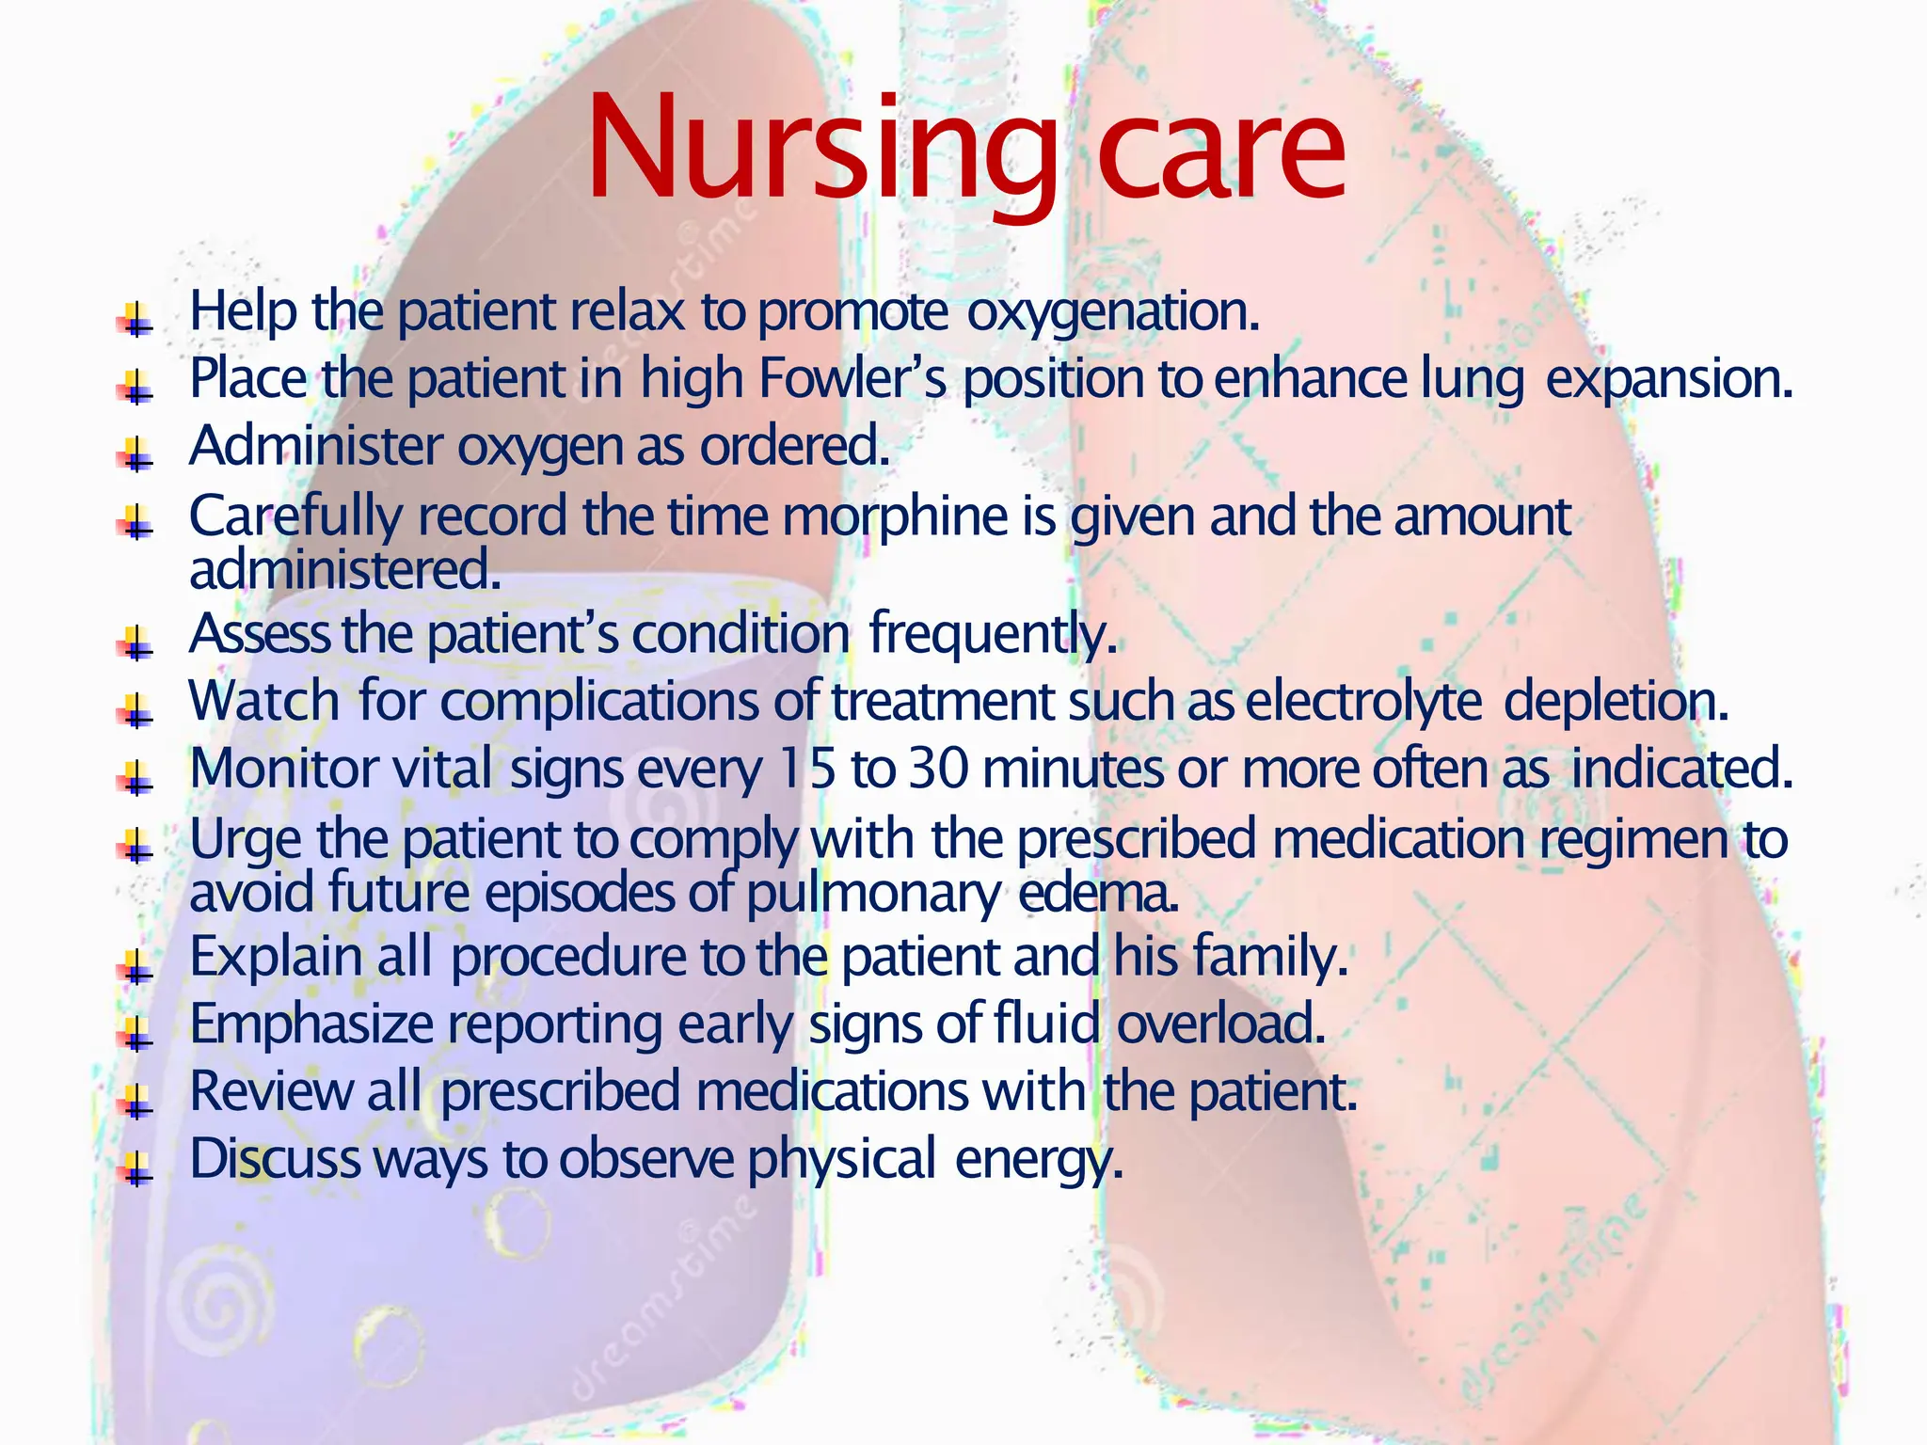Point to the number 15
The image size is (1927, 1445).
(807, 769)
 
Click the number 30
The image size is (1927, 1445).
(938, 769)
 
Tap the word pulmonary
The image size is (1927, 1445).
(873, 895)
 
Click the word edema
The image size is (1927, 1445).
(1098, 893)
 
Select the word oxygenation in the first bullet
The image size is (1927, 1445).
(1113, 312)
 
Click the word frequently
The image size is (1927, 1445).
(993, 635)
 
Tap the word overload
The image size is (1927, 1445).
(1220, 1024)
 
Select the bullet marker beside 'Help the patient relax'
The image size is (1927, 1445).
(136, 320)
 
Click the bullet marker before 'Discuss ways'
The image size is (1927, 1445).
(136, 1169)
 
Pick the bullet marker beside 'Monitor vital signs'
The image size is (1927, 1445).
(136, 778)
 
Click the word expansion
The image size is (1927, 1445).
(1669, 379)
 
